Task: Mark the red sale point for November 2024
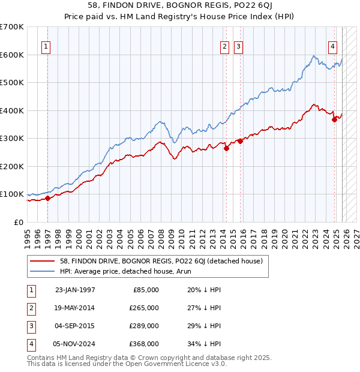tap(334, 119)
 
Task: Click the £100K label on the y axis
tap(12, 194)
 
